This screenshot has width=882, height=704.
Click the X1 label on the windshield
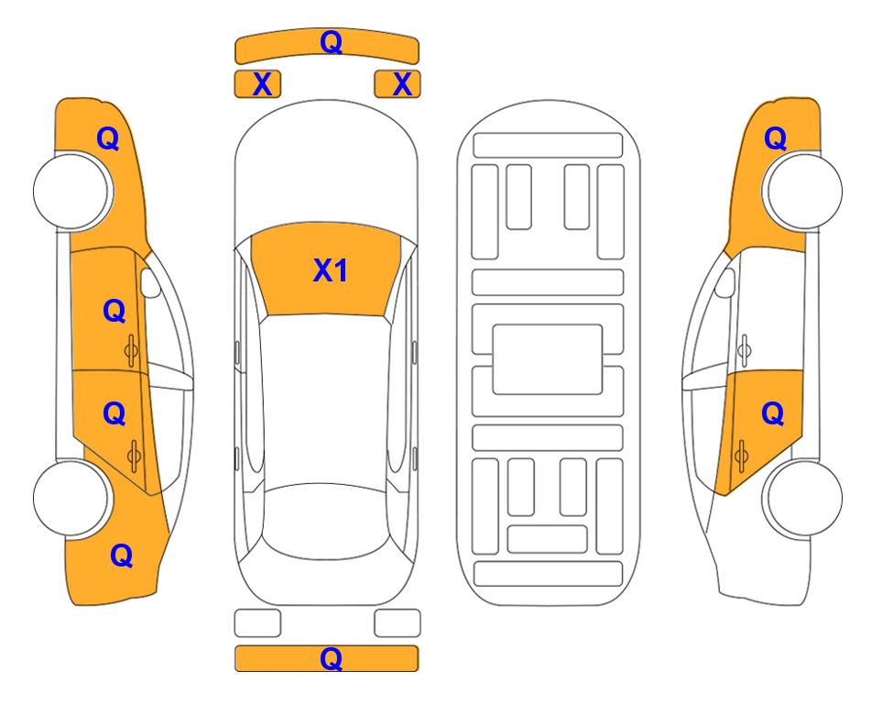tap(331, 270)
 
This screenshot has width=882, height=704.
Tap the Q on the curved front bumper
tap(331, 41)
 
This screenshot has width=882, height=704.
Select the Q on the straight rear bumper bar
tap(331, 658)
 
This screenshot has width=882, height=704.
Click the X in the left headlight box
tap(262, 84)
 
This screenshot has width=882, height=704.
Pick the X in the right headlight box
tap(402, 84)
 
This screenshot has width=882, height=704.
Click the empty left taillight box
tap(257, 623)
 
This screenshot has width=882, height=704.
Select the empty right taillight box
tap(397, 623)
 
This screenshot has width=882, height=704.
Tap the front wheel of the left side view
tap(72, 192)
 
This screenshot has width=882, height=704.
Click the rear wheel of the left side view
tap(72, 498)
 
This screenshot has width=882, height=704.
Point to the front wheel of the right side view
tap(802, 192)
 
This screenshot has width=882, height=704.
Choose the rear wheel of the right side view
tap(802, 498)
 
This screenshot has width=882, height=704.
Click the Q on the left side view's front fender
tap(108, 138)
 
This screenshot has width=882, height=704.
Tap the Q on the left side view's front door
tap(114, 311)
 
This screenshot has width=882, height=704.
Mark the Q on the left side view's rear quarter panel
tap(122, 555)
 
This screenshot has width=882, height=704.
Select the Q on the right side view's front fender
tap(775, 138)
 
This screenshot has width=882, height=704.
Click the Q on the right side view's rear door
tap(773, 414)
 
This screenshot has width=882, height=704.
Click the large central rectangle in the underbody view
tap(548, 359)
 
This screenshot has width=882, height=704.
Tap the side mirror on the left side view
tap(150, 282)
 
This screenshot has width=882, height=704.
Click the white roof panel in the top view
tap(325, 400)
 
